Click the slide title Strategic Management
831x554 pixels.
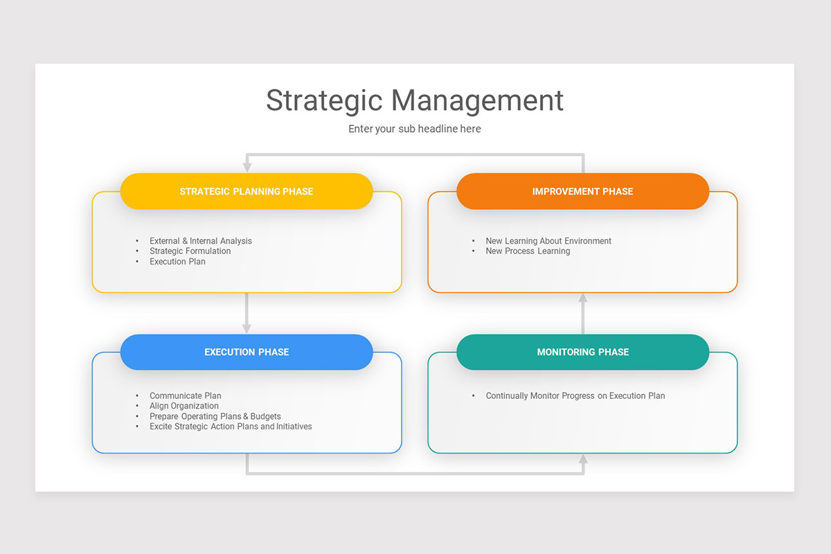pos(415,100)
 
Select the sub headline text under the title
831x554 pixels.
pos(415,129)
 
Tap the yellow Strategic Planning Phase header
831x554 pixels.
pos(247,191)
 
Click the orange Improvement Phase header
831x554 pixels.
pos(582,191)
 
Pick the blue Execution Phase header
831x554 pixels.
pos(247,352)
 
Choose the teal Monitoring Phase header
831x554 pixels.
pos(582,352)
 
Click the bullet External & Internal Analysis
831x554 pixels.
pos(201,241)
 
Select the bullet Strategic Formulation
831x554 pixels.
pos(190,251)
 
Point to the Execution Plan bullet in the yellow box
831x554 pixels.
pos(177,262)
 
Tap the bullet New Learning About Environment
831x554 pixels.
pos(548,241)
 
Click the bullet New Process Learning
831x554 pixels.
pos(528,251)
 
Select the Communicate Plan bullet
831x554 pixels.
pos(186,396)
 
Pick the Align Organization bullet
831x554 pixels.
pos(184,406)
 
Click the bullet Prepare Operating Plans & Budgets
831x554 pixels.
pos(215,416)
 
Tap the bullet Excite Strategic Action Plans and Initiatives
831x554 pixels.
pos(231,427)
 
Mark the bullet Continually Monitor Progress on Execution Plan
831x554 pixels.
pos(575,396)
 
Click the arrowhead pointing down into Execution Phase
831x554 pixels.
pos(247,328)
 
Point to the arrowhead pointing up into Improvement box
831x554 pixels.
pos(582,298)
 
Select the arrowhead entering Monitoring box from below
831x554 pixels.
pos(582,458)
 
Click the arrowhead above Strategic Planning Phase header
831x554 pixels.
pos(247,167)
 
